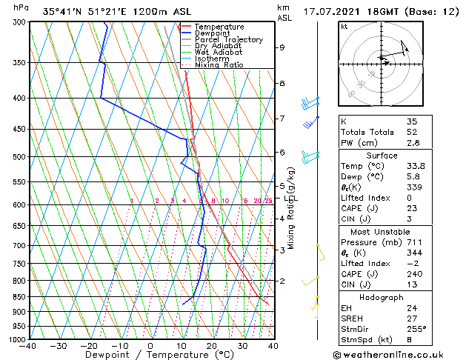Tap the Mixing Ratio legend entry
tap(220, 65)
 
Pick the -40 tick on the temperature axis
tap(28, 346)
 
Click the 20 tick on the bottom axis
tap(212, 346)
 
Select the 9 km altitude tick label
tap(282, 47)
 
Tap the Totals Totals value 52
tap(411, 132)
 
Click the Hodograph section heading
tap(382, 297)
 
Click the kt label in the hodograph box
tap(344, 26)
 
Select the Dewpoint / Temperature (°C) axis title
tap(150, 356)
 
